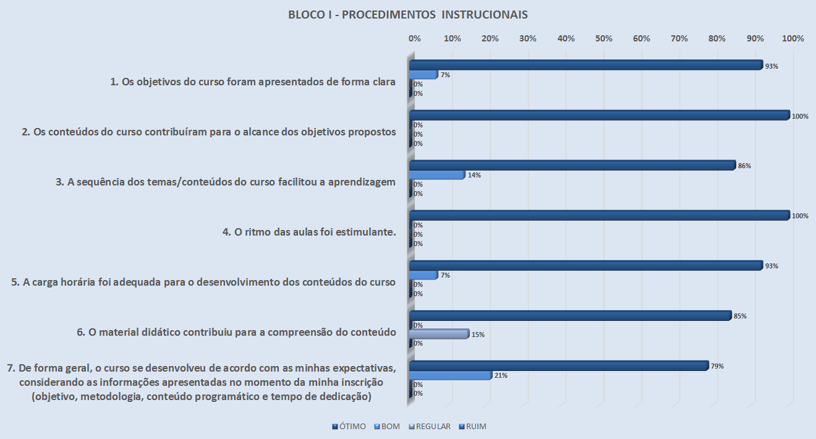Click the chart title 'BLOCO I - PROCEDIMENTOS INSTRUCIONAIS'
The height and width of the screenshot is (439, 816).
(407, 15)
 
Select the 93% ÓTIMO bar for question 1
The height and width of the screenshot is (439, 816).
(585, 65)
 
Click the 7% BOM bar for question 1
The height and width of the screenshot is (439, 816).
(423, 75)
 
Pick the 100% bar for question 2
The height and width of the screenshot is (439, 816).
(600, 115)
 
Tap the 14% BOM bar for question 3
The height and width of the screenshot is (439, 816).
(437, 175)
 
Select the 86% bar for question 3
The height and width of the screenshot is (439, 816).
(572, 165)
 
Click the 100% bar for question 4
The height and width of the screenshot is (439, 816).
(600, 215)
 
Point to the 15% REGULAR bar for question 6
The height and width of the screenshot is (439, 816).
(440, 334)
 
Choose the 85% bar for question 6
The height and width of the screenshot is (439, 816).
(571, 315)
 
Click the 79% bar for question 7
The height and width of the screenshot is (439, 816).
(559, 365)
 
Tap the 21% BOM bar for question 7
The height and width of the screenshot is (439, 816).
(451, 375)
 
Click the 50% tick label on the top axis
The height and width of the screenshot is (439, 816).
(603, 38)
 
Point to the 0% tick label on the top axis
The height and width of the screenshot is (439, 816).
(415, 38)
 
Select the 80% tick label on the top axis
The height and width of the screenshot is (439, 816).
(717, 38)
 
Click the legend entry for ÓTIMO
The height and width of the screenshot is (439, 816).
(349, 427)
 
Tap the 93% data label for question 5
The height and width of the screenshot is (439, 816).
(771, 266)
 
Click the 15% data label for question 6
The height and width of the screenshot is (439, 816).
(478, 335)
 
